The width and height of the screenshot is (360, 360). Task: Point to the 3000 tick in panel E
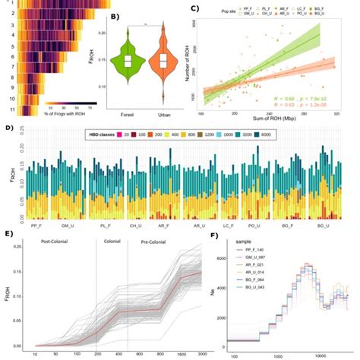pos(199,355)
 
